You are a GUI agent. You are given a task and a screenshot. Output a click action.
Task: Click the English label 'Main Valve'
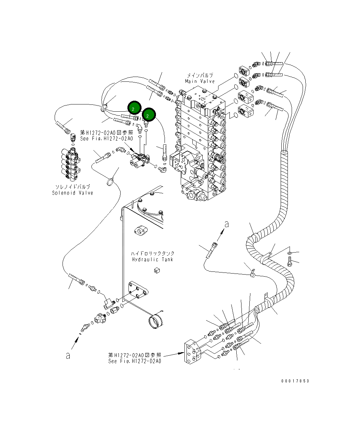click(200, 81)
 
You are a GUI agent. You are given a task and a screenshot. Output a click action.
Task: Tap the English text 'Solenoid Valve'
click(72, 193)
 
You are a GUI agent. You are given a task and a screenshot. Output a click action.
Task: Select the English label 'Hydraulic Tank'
click(153, 259)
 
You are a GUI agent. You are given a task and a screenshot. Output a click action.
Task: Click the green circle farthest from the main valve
click(134, 108)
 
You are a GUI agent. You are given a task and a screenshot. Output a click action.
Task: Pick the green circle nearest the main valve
click(149, 114)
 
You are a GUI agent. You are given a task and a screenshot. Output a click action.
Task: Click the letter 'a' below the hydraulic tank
click(68, 356)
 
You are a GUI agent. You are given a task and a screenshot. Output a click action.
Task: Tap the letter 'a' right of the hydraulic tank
click(227, 224)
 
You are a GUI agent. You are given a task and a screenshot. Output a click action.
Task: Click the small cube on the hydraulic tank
click(157, 271)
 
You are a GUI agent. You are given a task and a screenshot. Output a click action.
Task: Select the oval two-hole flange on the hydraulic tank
click(141, 231)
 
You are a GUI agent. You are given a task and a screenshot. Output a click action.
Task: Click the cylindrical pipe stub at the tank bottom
click(156, 321)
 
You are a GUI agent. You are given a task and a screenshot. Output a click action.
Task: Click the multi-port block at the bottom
click(193, 352)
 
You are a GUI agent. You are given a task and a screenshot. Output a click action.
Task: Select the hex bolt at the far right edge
click(290, 261)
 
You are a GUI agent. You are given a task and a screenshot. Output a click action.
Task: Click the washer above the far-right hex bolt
click(290, 253)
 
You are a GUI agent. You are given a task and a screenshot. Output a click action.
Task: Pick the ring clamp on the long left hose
click(110, 182)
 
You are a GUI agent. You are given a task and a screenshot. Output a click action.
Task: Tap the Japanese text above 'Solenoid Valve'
click(73, 187)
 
